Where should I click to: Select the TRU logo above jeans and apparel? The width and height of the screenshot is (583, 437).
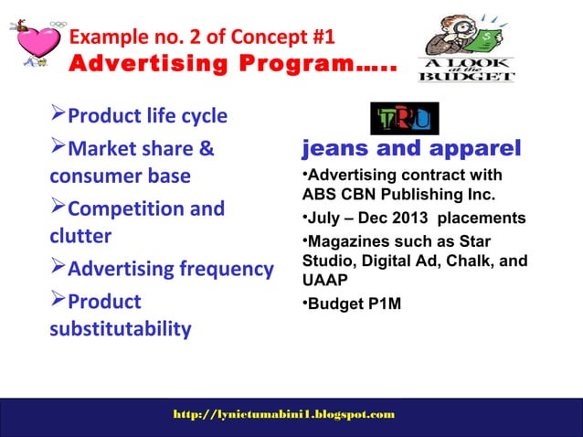coord(404,119)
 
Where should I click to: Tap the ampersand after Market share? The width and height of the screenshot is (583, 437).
coord(207,148)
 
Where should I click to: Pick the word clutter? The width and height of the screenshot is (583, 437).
coord(80,237)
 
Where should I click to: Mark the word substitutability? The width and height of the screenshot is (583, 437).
coord(121,328)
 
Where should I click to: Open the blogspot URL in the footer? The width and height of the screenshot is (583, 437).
coord(284,415)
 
